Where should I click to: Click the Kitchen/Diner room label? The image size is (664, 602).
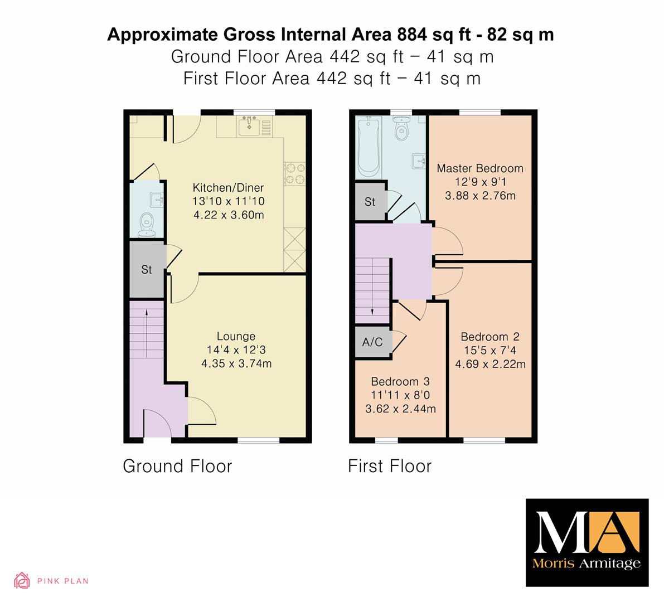coord(228,187)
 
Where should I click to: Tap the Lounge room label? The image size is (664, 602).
coord(236,336)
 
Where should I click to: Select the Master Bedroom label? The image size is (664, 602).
coord(480,168)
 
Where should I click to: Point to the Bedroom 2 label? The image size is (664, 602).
coord(490,337)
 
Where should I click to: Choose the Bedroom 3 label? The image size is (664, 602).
coord(400,381)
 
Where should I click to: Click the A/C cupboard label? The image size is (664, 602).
coord(372,342)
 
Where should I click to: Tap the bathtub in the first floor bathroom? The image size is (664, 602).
coord(369,148)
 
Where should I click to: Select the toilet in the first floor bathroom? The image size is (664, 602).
coord(401,128)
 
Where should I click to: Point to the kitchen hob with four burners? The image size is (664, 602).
coord(294,173)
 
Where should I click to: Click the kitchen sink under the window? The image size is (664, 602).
coord(249,126)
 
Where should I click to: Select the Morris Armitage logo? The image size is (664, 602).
coord(587,542)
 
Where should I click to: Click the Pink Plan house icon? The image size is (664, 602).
coord(22,580)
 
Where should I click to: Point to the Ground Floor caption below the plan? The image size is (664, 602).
coord(177,466)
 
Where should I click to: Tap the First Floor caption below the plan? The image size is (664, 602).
coord(390,466)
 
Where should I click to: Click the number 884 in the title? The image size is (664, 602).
coord(412,35)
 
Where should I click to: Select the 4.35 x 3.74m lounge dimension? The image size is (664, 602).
coord(236,363)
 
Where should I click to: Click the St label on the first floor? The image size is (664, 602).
coord(370,202)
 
